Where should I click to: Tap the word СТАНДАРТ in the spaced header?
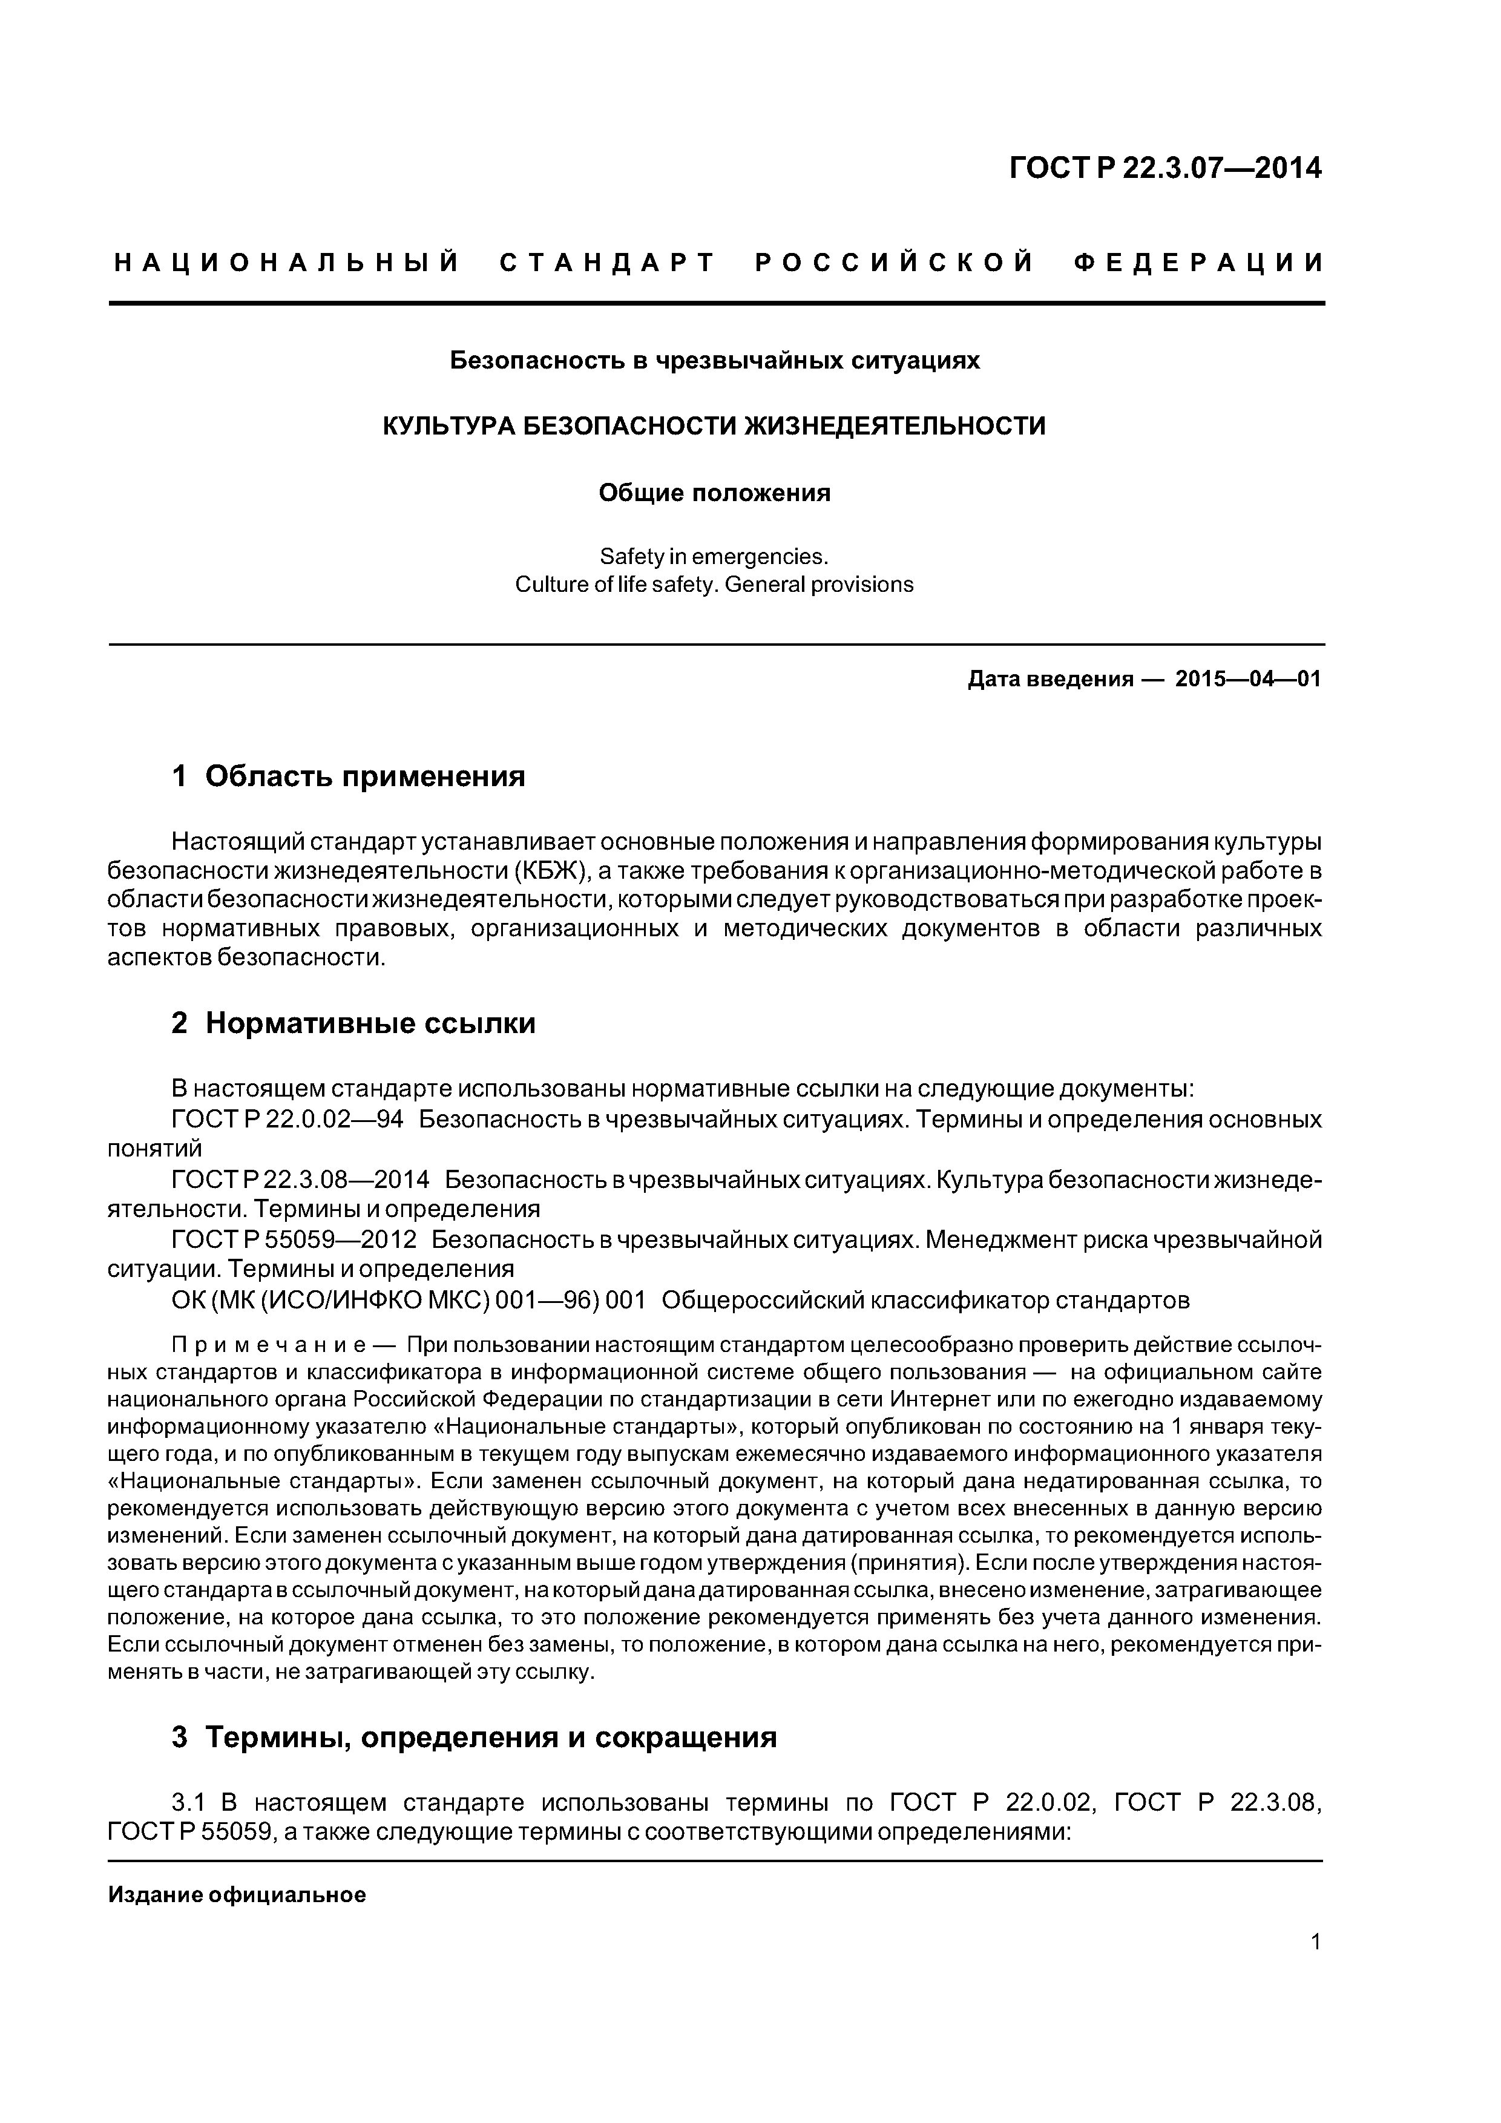coord(608,263)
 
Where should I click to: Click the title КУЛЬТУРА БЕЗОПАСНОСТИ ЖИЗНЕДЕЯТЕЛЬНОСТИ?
coord(714,426)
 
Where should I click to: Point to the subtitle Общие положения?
coord(714,493)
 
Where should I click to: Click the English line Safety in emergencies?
coord(714,557)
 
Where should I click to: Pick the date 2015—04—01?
coord(1247,680)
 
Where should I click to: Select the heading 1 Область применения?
coord(349,776)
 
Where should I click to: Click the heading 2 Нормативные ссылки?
coord(353,1023)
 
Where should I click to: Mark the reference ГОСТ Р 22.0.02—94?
coord(287,1120)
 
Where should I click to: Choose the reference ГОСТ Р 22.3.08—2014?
coord(301,1180)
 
